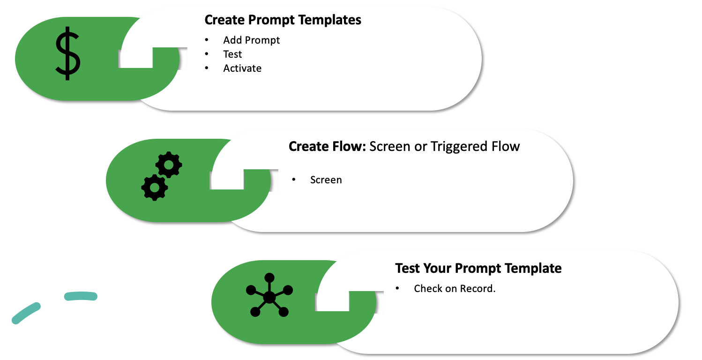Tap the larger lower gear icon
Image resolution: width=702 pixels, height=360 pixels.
154,187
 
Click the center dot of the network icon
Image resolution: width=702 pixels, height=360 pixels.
269,297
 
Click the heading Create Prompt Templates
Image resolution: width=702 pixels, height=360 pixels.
283,20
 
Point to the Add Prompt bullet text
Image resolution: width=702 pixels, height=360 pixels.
251,40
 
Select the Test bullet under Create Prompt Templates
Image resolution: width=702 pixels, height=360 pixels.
232,54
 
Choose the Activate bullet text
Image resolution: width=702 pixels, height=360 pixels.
242,68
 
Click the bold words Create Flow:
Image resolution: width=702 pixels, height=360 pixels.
327,146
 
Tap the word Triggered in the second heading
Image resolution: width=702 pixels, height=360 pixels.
454,146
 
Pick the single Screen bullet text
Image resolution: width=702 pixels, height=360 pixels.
326,180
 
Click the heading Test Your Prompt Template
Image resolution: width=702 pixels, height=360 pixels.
478,268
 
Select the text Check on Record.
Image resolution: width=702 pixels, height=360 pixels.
455,289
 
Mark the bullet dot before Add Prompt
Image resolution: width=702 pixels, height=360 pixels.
207,40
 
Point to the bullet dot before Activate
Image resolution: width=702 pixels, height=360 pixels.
207,68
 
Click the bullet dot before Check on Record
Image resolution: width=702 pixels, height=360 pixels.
397,289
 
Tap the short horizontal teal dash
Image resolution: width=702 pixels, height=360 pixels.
81,296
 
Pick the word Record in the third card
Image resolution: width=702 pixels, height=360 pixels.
478,289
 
